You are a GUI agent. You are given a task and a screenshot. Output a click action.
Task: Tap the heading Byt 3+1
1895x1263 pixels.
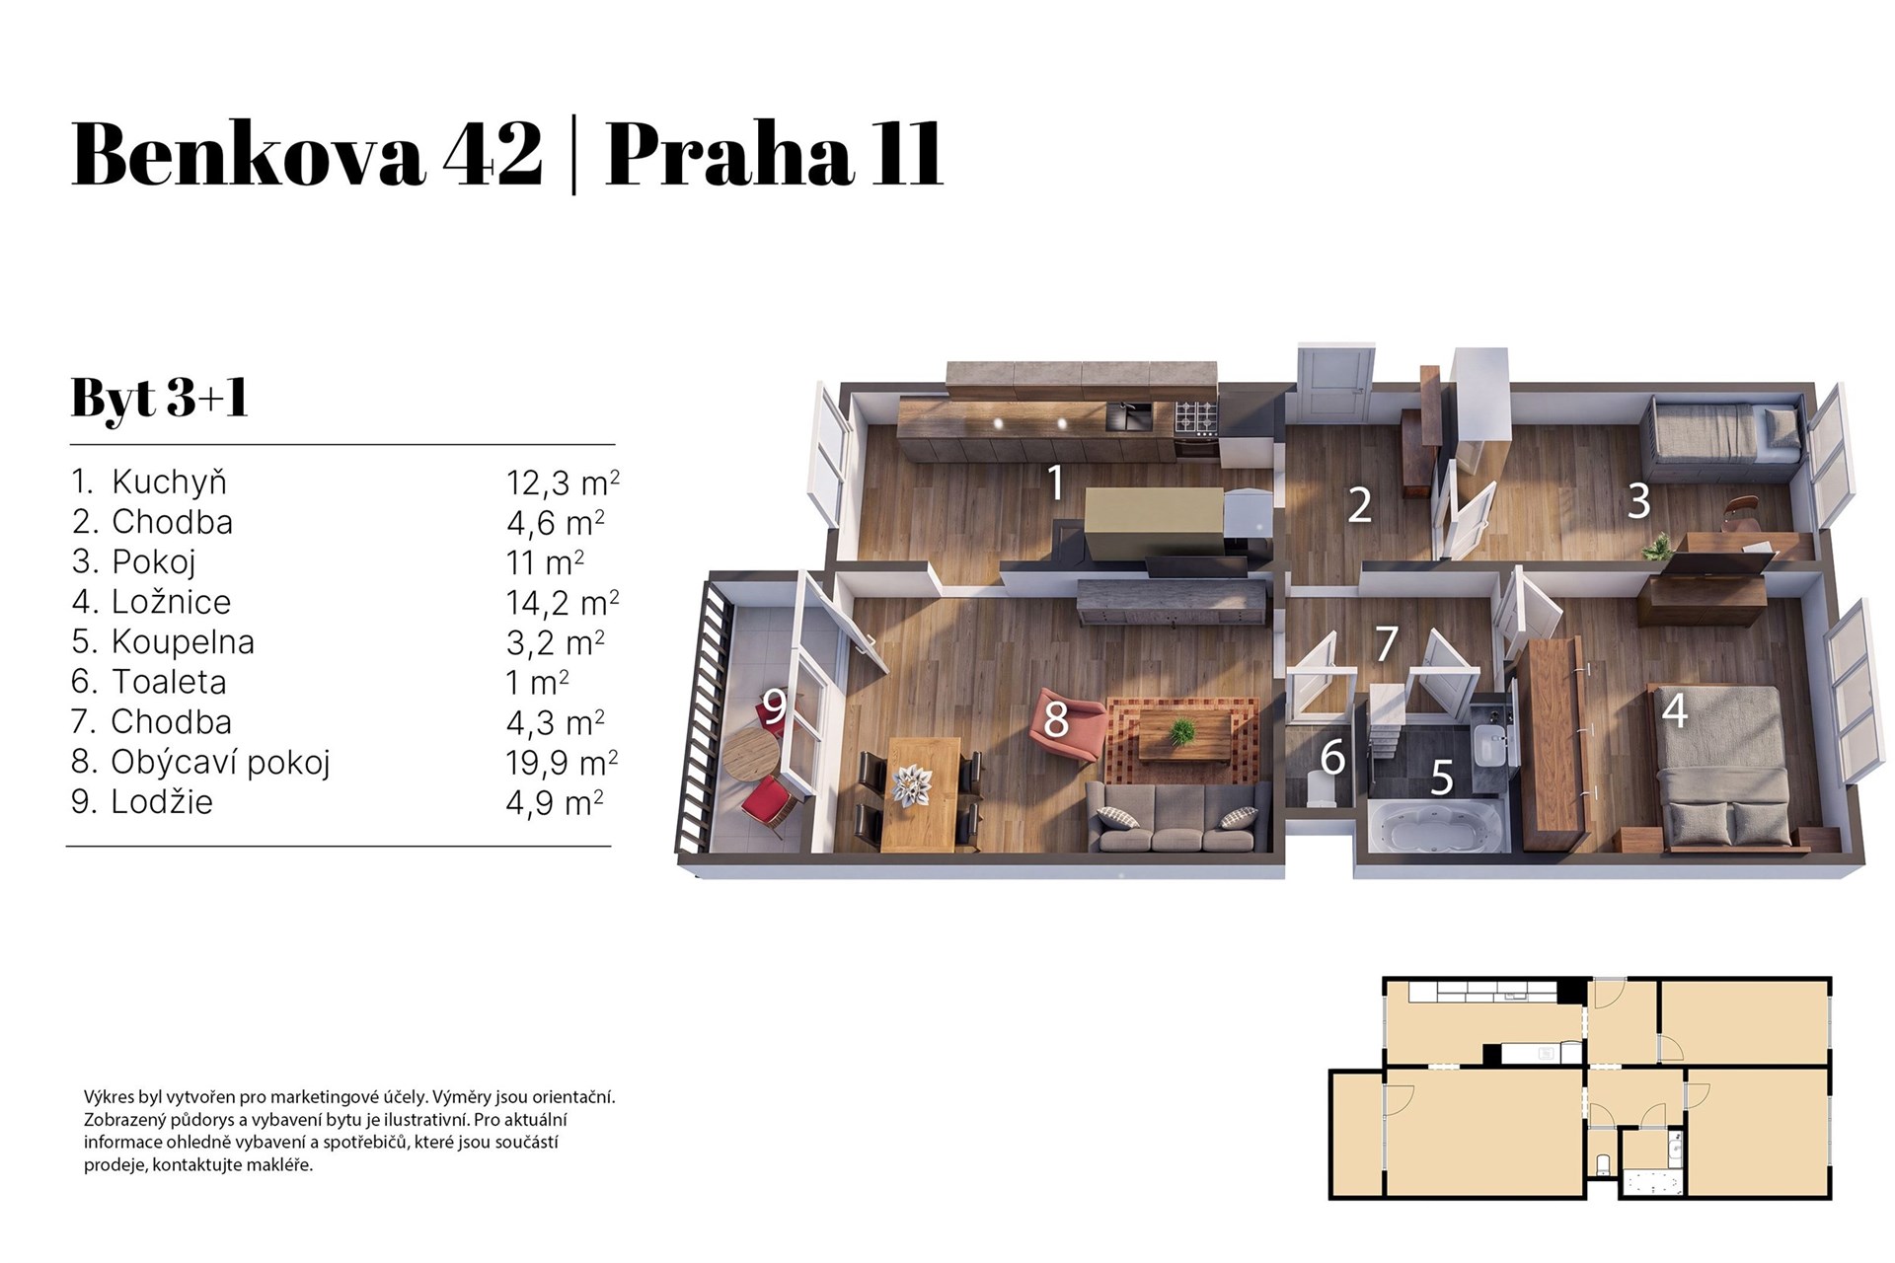pos(159,399)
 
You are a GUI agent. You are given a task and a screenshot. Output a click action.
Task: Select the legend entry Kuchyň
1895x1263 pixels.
pos(169,483)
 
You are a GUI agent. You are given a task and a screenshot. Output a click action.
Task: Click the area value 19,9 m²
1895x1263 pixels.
pos(562,763)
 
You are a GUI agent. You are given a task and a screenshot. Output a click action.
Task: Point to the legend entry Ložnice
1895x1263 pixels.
pos(171,602)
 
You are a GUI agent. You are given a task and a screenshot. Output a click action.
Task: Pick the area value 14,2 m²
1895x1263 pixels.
pos(562,602)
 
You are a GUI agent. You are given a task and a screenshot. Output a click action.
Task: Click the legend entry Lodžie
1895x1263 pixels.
pos(162,802)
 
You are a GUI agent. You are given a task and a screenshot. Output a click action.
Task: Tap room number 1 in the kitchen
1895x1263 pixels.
pos(1055,483)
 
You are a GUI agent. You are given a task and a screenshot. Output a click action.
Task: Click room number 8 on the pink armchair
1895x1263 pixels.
pos(1056,720)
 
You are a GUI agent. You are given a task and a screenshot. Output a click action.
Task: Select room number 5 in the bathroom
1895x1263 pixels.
pos(1442,778)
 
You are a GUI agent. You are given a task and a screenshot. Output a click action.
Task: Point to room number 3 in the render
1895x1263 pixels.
pos(1638,501)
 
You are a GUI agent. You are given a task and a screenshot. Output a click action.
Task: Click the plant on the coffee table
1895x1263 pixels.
pos(1181,731)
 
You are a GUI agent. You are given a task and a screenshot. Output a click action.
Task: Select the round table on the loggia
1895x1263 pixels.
pos(750,756)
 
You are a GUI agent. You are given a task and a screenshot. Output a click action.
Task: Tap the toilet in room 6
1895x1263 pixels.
pos(1319,789)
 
